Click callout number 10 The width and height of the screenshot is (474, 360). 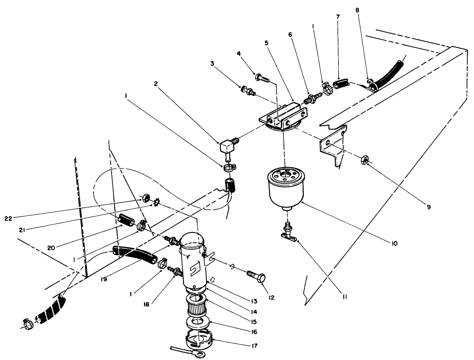tap(395, 244)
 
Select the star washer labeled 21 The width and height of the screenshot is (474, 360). tap(155, 204)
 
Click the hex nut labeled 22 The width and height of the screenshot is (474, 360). tap(145, 198)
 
